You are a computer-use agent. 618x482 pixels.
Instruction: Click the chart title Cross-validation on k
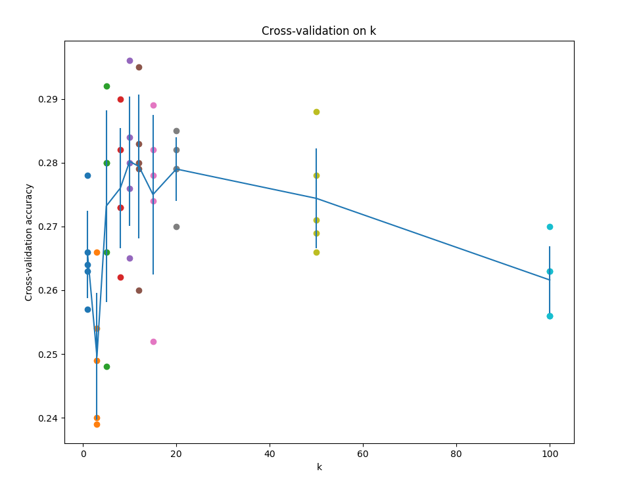(319, 31)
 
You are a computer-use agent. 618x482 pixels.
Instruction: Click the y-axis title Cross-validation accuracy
(29, 242)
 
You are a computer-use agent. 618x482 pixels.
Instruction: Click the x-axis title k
(319, 467)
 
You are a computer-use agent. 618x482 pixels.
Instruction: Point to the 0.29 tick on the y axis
(49, 99)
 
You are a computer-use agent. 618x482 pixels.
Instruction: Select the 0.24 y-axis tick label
(49, 418)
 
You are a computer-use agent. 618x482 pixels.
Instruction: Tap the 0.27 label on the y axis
(49, 227)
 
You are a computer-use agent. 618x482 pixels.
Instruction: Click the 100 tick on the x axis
(550, 453)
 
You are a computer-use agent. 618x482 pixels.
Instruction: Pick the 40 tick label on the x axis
(270, 453)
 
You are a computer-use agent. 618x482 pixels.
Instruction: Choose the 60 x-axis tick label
(363, 453)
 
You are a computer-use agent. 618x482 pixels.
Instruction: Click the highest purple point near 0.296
(130, 60)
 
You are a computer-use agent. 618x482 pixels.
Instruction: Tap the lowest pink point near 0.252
(153, 341)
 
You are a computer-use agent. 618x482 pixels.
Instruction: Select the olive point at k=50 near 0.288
(316, 112)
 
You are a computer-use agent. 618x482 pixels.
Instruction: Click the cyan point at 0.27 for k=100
(550, 227)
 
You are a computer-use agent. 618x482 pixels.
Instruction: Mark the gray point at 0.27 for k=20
(176, 227)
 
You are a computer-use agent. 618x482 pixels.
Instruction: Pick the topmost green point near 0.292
(107, 86)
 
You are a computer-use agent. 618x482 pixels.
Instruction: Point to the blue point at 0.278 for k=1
(87, 175)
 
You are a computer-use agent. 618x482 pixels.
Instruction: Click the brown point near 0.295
(139, 67)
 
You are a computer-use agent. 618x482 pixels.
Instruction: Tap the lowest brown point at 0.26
(139, 290)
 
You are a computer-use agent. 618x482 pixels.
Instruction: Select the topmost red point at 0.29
(120, 99)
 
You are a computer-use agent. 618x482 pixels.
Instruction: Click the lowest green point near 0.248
(107, 366)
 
